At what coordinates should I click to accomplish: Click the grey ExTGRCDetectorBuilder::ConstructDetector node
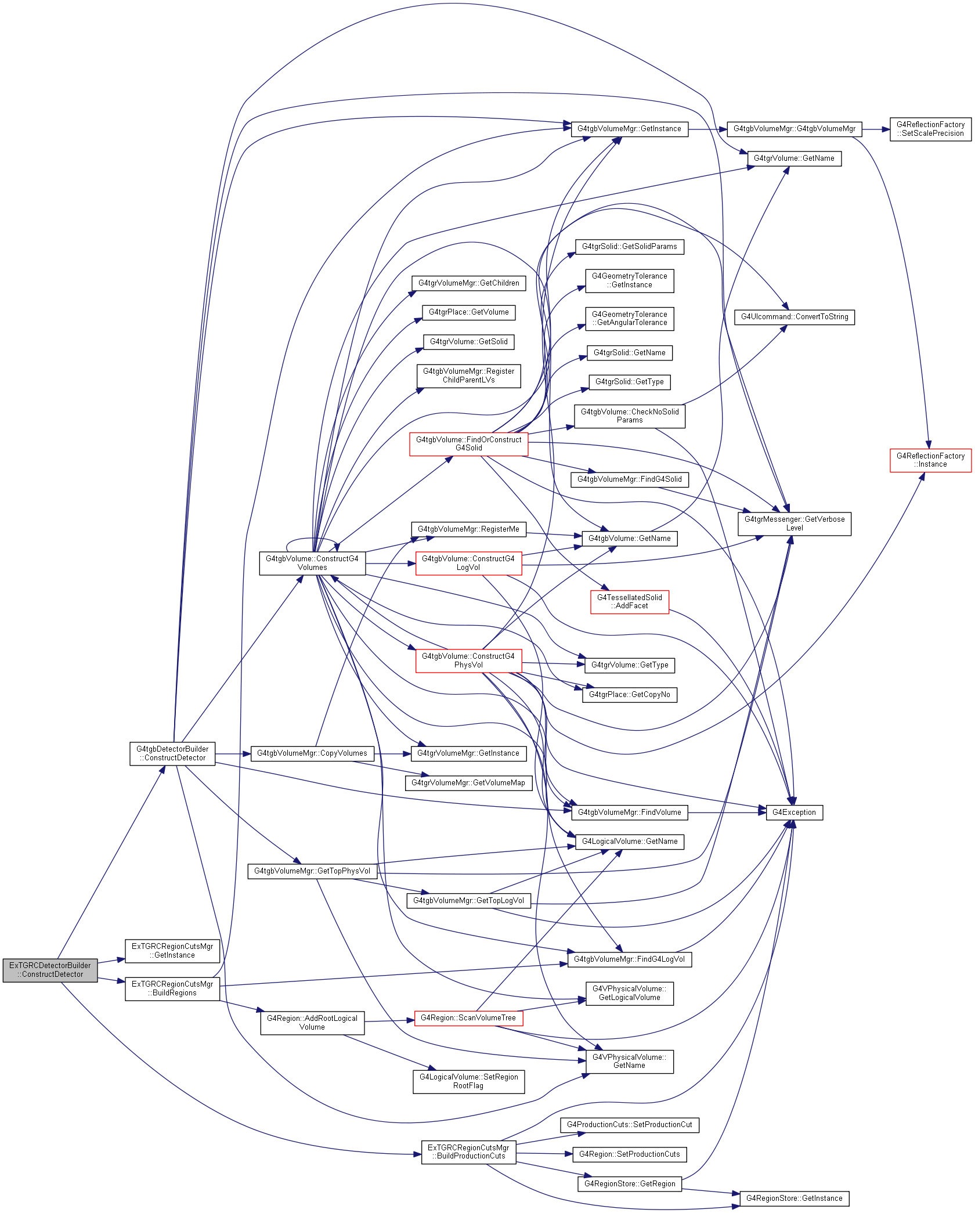click(x=50, y=970)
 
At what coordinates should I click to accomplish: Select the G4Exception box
click(x=794, y=813)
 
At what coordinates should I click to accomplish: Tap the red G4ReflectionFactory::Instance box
click(x=930, y=460)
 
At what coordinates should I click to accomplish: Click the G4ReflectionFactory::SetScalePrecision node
click(x=930, y=129)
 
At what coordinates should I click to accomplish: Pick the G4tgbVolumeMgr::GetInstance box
click(x=630, y=129)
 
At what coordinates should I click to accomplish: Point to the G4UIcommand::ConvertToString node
click(x=795, y=317)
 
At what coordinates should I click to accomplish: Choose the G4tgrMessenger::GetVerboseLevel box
click(x=795, y=524)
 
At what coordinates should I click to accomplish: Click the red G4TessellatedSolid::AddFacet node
click(x=630, y=602)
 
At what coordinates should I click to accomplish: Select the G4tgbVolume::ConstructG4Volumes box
click(x=312, y=564)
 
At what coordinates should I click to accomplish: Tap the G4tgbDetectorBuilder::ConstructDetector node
click(x=172, y=754)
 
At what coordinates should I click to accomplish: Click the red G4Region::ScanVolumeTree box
click(x=468, y=1018)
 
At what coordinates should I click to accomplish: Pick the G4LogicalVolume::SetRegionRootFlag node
click(x=469, y=1082)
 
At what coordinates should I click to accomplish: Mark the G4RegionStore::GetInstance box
click(x=795, y=1198)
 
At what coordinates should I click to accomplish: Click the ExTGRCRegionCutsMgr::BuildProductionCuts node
click(x=468, y=1152)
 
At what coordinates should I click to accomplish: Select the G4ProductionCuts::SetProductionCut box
click(x=630, y=1125)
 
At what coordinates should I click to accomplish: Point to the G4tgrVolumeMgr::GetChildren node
click(x=469, y=283)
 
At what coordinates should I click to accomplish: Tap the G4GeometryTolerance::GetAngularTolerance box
click(x=630, y=319)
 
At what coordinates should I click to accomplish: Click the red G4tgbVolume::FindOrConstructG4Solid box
click(x=469, y=444)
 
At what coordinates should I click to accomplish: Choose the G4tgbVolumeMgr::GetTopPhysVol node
click(x=312, y=871)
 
